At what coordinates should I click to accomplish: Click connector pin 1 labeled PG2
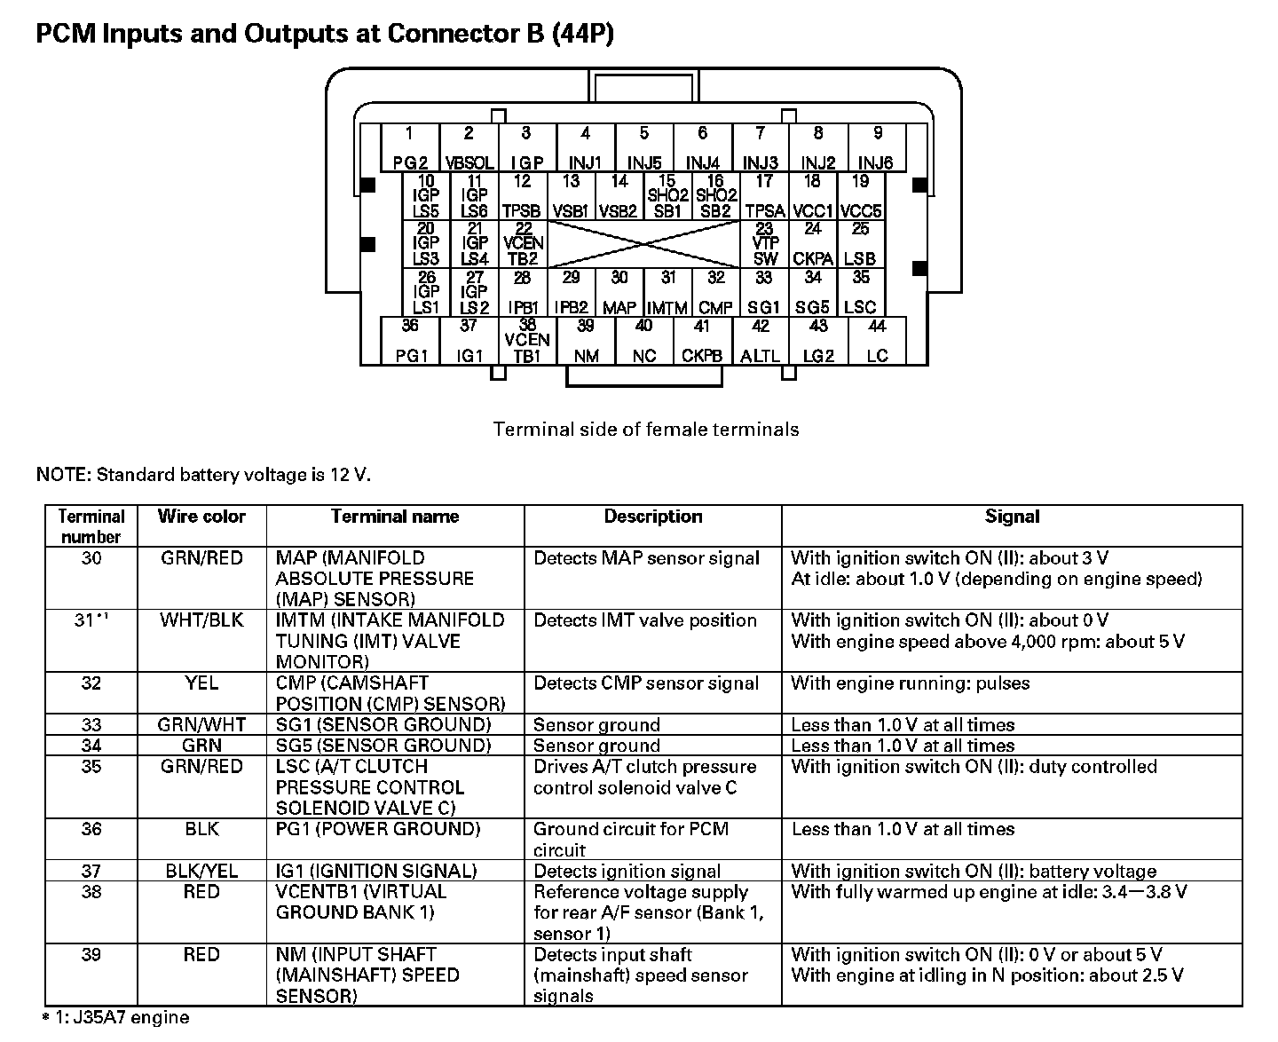click(409, 148)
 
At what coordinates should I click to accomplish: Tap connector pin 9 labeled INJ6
click(876, 148)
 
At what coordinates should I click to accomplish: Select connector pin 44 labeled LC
click(877, 341)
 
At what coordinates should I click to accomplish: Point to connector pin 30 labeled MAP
click(619, 293)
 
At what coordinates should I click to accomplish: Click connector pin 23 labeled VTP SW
click(765, 244)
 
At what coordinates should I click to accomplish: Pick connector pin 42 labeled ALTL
click(761, 341)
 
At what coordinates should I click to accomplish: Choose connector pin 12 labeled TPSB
click(522, 196)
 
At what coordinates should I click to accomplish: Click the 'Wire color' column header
click(201, 517)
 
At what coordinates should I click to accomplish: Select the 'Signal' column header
click(1012, 517)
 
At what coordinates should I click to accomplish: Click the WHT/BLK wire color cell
click(201, 620)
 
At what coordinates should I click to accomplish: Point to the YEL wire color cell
click(201, 683)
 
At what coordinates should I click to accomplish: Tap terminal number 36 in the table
click(91, 829)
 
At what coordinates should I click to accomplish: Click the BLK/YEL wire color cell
click(201, 871)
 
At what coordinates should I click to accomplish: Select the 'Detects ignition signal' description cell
click(627, 872)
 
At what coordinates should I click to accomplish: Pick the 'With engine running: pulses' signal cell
click(910, 683)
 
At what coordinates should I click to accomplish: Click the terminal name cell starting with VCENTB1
click(361, 902)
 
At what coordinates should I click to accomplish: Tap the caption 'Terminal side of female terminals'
click(645, 430)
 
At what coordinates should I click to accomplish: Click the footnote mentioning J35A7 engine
click(116, 1017)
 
